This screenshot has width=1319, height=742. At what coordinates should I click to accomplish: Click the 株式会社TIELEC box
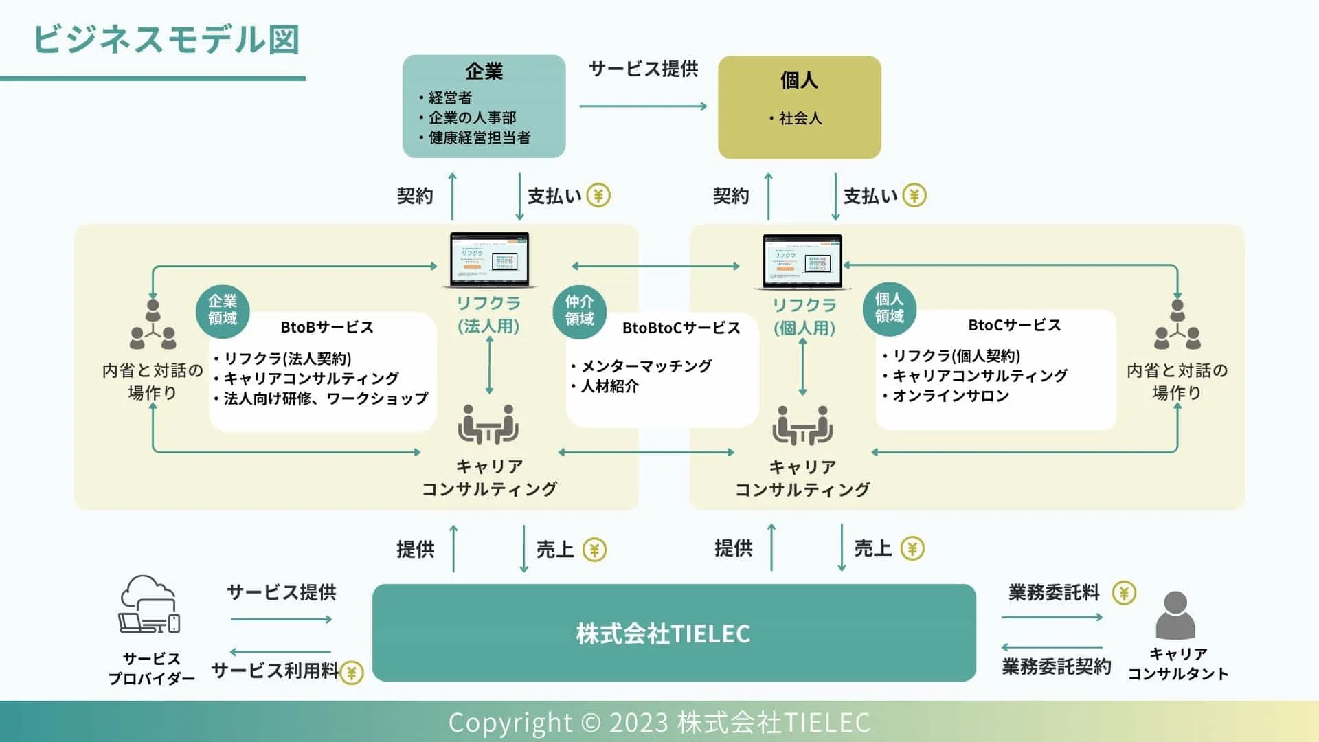click(673, 633)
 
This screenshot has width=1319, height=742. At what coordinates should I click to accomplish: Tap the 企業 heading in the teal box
click(484, 71)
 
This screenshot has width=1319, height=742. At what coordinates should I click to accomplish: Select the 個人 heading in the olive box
click(799, 80)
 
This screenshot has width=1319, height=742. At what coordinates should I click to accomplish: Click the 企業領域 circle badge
click(223, 310)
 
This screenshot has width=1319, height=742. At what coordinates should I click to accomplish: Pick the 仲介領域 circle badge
click(579, 311)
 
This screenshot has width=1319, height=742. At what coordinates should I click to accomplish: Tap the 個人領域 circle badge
click(889, 308)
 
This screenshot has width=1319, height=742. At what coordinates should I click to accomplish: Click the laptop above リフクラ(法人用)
click(489, 260)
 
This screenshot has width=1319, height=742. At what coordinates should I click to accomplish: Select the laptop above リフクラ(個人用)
click(802, 262)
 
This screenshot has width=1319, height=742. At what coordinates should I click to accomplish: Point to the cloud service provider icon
click(150, 605)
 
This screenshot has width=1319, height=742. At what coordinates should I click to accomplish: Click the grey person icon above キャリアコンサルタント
click(1175, 615)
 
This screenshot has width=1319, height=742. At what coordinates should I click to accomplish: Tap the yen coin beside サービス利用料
click(352, 672)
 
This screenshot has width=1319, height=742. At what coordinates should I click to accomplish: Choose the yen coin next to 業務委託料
click(1124, 592)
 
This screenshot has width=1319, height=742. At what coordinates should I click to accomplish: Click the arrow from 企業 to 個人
click(643, 106)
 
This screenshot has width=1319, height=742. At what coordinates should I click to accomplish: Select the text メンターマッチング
click(646, 366)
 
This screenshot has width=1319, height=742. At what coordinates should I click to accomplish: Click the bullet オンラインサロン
click(950, 396)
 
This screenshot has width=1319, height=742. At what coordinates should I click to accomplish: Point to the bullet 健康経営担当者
click(479, 137)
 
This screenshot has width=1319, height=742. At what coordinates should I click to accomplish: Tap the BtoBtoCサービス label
click(681, 328)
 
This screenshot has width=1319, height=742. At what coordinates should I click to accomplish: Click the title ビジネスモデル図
click(166, 40)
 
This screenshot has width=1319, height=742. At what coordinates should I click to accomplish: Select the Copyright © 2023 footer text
click(659, 722)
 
